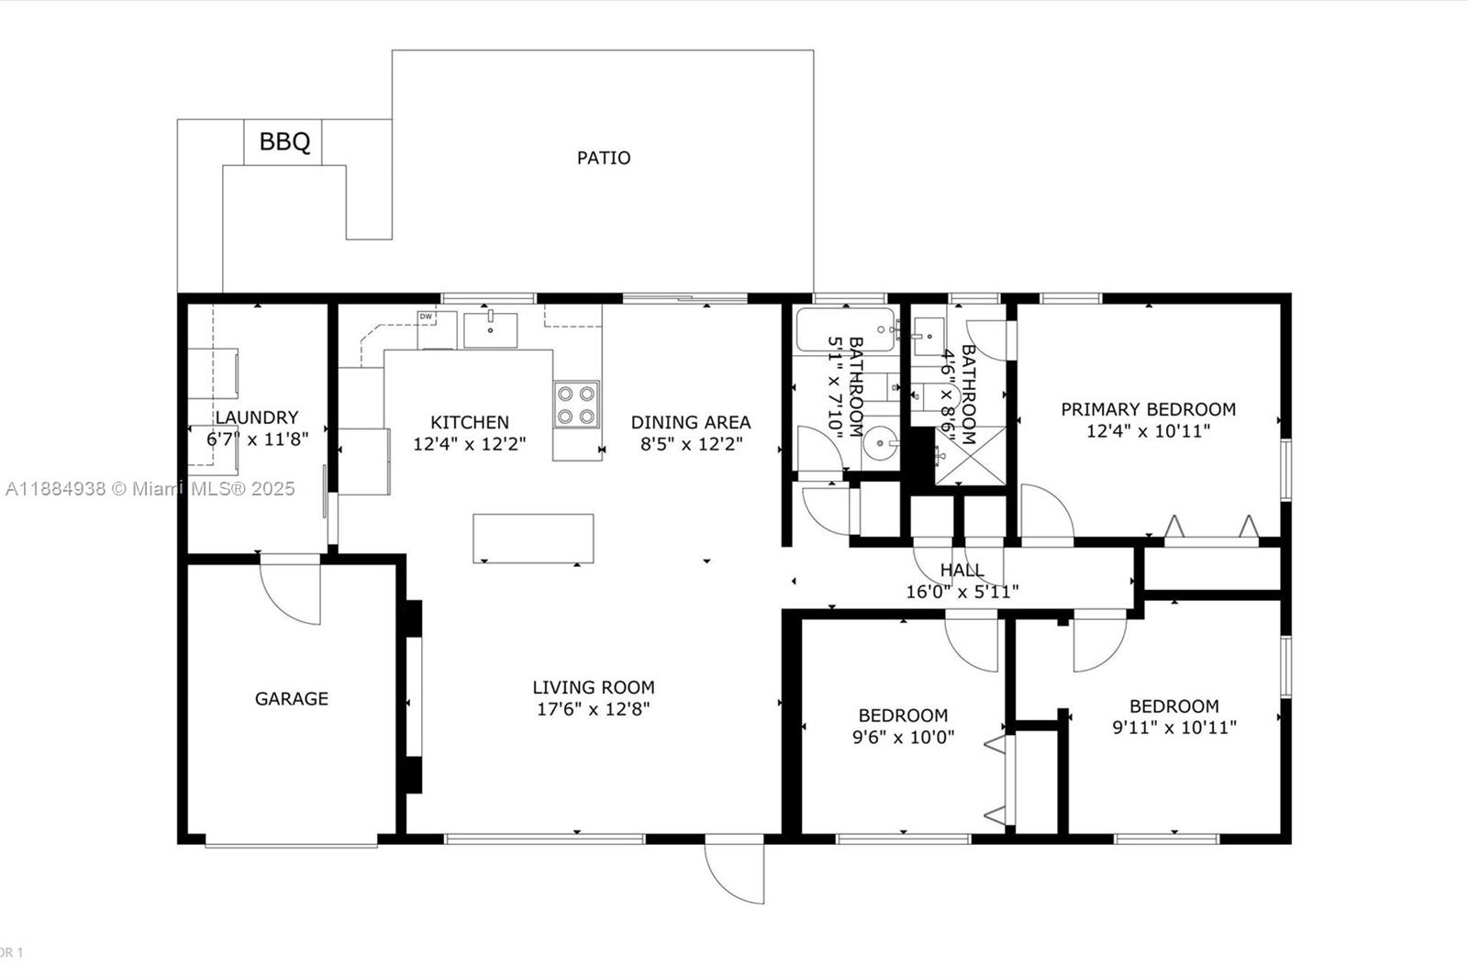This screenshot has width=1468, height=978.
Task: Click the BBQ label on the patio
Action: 284,141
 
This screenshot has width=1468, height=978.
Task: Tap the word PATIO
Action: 604,158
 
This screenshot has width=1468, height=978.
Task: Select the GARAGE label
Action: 292,699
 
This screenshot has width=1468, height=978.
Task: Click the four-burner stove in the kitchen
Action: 576,405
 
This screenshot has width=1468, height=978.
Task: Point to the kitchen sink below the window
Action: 490,329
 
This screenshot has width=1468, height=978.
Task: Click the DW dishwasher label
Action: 426,317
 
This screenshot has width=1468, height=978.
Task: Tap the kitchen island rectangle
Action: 533,539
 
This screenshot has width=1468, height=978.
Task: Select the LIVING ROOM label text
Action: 593,687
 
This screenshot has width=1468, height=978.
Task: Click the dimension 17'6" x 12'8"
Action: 593,709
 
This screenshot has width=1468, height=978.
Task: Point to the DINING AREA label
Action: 691,422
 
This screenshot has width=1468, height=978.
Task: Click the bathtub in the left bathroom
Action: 845,329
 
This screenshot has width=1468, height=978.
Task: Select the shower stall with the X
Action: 970,456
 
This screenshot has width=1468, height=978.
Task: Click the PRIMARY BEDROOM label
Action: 1148,410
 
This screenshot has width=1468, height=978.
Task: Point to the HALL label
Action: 962,571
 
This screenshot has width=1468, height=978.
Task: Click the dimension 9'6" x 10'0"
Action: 903,738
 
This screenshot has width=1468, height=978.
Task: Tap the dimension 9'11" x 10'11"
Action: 1174,728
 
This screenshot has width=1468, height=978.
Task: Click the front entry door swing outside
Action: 735,869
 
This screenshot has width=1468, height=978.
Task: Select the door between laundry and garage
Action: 290,589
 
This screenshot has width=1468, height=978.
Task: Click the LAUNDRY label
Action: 257,417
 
